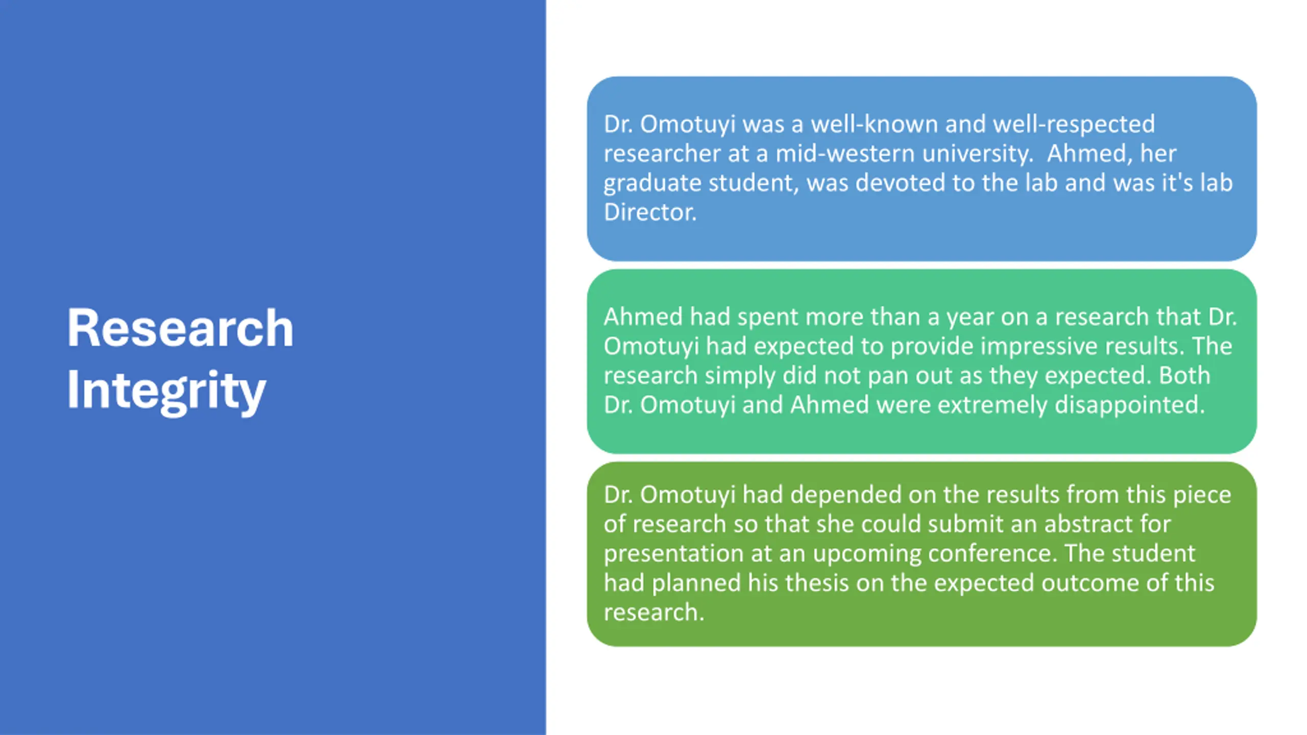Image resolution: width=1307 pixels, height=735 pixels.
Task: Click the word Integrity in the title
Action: click(166, 390)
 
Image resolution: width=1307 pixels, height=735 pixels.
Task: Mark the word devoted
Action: click(901, 183)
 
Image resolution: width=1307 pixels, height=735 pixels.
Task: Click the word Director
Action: click(650, 212)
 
